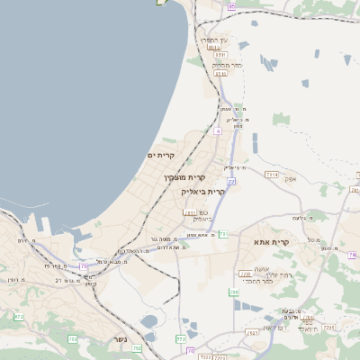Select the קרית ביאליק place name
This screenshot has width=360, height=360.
[206, 191]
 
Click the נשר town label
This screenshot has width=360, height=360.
[120, 338]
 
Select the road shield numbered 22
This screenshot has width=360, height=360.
[230, 182]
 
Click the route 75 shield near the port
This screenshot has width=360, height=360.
[84, 265]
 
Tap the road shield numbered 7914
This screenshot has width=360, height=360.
[272, 175]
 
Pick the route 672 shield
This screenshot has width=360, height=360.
[19, 317]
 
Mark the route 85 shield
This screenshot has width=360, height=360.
[231, 6]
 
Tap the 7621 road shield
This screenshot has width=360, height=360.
[253, 333]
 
